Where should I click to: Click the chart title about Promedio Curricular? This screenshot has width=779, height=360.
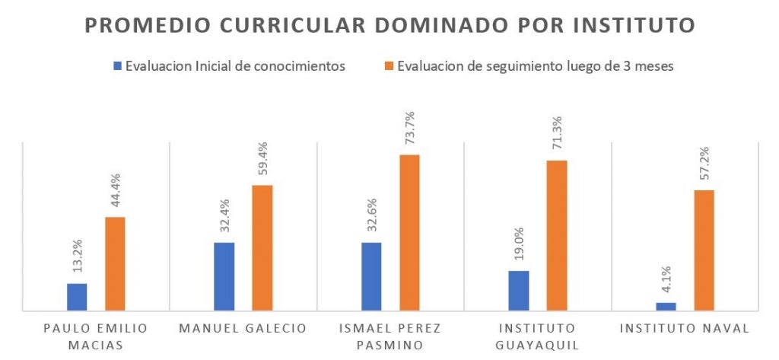[x=389, y=25]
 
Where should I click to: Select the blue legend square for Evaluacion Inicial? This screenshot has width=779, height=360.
[x=117, y=66]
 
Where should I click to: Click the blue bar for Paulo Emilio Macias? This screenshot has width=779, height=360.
[x=77, y=297]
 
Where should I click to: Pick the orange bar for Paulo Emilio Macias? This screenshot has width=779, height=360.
[x=115, y=263]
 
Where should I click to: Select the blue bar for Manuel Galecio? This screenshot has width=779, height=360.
[x=224, y=276]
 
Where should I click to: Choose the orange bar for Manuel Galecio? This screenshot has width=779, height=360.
[x=262, y=247]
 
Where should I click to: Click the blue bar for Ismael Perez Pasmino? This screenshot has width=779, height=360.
[x=372, y=276]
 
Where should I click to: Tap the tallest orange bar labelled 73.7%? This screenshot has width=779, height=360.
[x=410, y=232]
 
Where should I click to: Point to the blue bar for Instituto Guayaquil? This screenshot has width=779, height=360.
[x=519, y=290]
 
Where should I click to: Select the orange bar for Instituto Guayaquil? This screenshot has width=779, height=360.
[x=557, y=235]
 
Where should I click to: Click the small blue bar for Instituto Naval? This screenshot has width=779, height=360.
[x=666, y=306]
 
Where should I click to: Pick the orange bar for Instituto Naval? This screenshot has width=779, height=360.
[x=704, y=250]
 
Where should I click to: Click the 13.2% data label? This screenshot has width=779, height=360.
[x=78, y=256]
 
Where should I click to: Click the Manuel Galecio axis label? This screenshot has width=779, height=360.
[x=243, y=329]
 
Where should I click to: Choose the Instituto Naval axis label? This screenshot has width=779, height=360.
[x=685, y=329]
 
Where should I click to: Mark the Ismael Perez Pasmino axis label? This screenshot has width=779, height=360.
[x=390, y=336]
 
